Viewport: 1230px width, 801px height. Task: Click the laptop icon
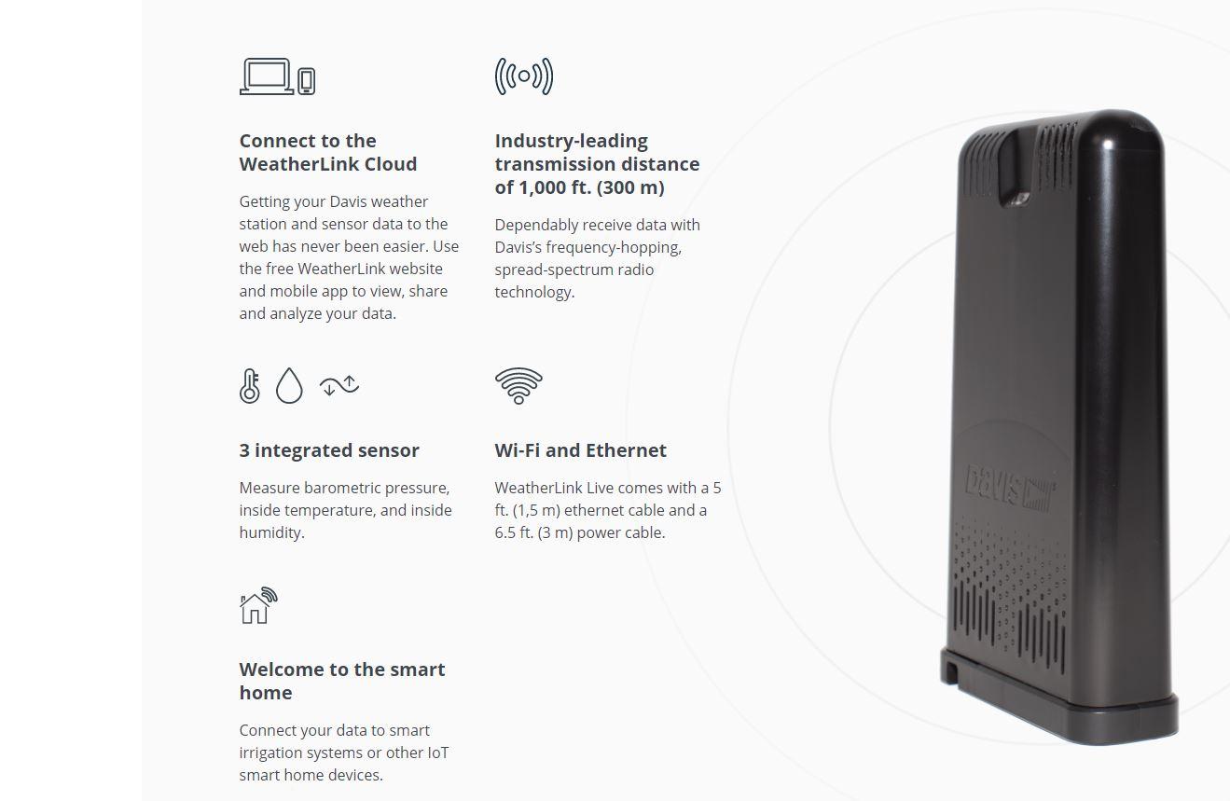coord(267,76)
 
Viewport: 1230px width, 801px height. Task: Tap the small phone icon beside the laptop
coord(307,81)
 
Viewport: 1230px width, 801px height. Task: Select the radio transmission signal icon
coord(524,76)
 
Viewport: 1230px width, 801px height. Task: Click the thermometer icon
coord(249,385)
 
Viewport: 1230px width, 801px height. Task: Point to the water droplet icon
coord(289,385)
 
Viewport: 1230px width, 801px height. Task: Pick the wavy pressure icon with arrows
coord(339,385)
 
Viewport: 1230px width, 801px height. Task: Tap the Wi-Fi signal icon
coord(518,385)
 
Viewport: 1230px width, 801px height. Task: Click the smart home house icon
coord(258,605)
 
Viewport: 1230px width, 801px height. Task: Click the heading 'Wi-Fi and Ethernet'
coord(580,450)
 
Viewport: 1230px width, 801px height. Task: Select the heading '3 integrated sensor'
coord(329,450)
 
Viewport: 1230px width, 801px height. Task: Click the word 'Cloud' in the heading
coord(391,164)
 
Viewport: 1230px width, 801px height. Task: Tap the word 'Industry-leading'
coord(571,141)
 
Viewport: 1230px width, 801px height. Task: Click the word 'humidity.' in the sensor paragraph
coord(271,532)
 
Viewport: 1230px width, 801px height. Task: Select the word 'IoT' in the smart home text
coord(438,753)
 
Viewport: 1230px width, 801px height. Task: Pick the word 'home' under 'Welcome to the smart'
coord(266,693)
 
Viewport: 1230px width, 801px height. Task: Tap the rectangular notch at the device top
coord(1015,168)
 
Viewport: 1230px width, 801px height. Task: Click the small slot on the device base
coord(951,672)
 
